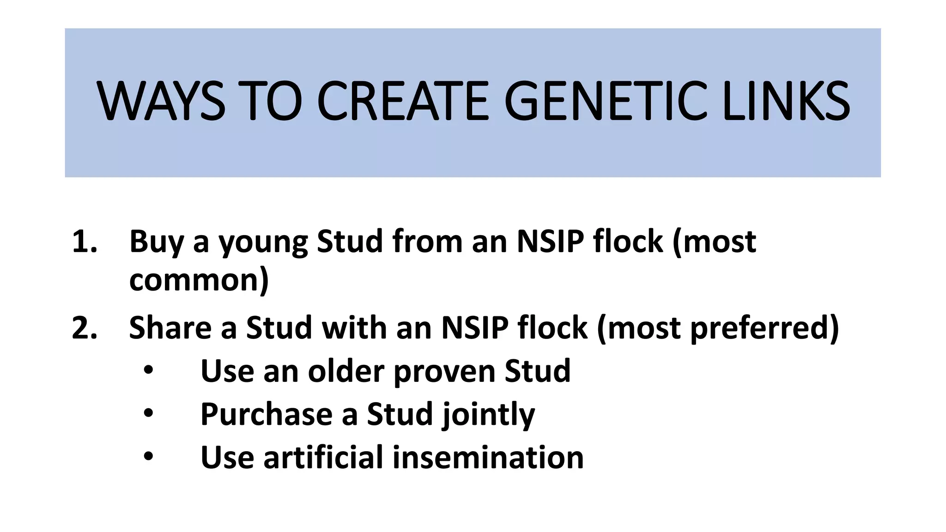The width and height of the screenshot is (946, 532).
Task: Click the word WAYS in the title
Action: (161, 101)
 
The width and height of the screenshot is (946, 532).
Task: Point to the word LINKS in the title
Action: (786, 101)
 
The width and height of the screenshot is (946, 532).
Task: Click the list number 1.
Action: (85, 242)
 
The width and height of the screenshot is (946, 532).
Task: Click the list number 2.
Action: (85, 328)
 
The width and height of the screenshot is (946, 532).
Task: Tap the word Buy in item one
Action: (156, 242)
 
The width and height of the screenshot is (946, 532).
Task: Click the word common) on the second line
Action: (199, 280)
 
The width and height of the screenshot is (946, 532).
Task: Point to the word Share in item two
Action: (170, 328)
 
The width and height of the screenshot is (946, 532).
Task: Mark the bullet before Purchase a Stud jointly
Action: (148, 413)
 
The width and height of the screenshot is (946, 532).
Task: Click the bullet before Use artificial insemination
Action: (148, 456)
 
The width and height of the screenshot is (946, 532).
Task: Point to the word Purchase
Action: (266, 414)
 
